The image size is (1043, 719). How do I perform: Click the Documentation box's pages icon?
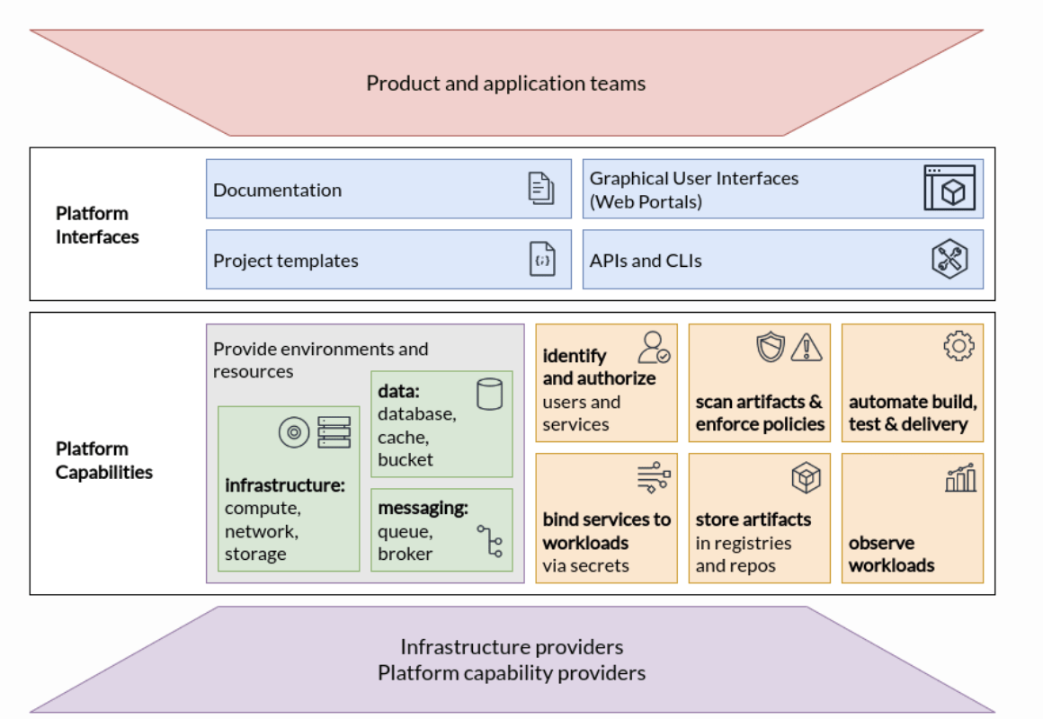tap(540, 189)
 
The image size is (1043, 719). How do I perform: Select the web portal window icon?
tap(949, 188)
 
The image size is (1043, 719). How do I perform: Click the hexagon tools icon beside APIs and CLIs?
tap(949, 260)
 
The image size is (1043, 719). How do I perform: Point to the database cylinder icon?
tap(489, 394)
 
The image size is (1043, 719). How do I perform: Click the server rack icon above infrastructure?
tap(334, 432)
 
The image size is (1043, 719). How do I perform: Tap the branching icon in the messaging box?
tap(490, 541)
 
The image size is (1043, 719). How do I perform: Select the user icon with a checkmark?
tap(654, 347)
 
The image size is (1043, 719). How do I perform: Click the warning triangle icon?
tap(807, 347)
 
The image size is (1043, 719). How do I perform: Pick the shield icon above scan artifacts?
tap(771, 347)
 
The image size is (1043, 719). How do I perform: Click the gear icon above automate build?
tap(958, 346)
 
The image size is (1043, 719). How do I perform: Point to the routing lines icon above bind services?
tap(654, 477)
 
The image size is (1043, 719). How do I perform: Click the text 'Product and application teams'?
tap(505, 84)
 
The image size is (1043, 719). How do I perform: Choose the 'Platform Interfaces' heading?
tap(97, 225)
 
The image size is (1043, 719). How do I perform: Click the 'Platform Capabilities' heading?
tap(104, 460)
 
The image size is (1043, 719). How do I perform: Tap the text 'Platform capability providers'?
tap(511, 672)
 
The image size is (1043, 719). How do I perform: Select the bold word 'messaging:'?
tap(423, 508)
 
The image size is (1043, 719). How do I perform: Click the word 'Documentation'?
tap(277, 190)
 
